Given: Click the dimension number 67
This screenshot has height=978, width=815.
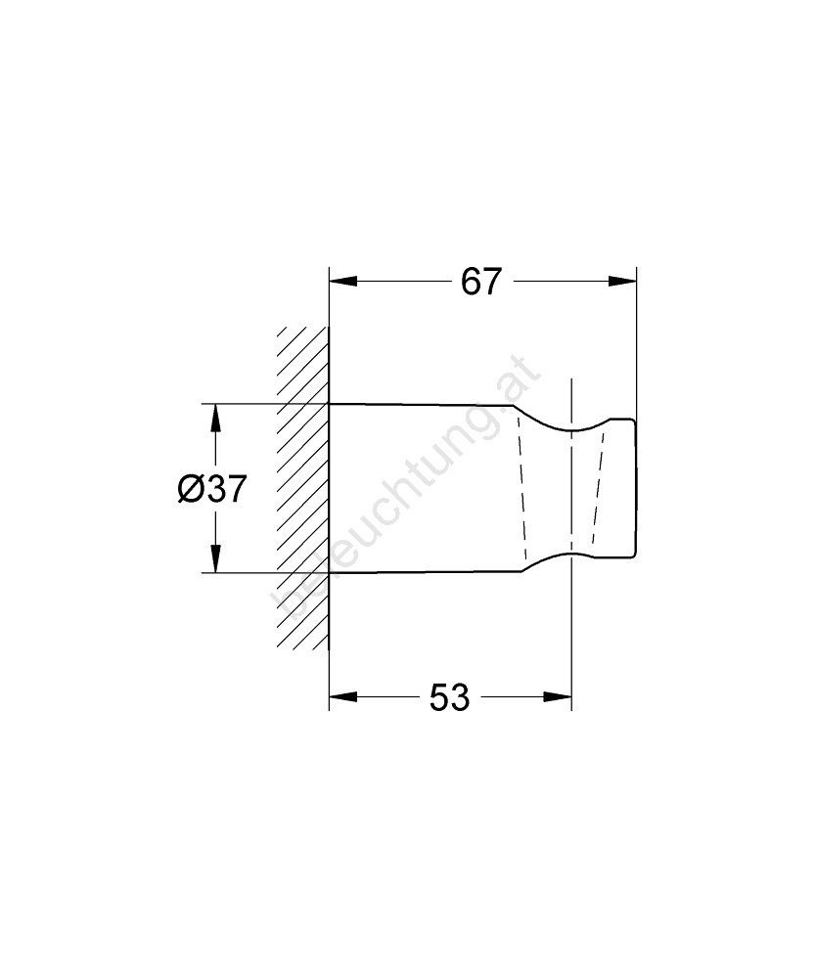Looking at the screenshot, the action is tap(481, 282).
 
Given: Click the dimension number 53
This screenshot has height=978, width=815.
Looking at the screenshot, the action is tap(449, 697).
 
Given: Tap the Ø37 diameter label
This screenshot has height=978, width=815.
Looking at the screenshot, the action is tap(212, 488).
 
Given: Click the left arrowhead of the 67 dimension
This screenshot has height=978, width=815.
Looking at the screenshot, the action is tap(343, 282).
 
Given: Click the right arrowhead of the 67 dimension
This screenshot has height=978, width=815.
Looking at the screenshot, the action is tap(622, 282).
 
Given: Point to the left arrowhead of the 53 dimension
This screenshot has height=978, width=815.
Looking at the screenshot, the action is tap(343, 696).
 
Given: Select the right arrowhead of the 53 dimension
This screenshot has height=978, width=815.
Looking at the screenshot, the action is tap(558, 696).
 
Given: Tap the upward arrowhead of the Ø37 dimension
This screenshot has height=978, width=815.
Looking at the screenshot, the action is tap(215, 418).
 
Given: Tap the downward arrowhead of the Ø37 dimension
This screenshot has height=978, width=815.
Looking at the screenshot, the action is tap(215, 558).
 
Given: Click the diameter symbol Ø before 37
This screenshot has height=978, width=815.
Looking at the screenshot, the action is tap(189, 488).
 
